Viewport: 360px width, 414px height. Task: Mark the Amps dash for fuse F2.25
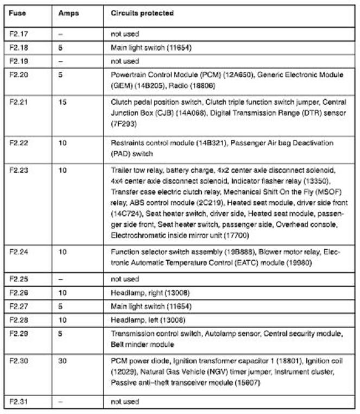[61, 279]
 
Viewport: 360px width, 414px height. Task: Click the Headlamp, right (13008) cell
[150, 293]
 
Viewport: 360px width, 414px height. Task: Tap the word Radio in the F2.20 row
[177, 86]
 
